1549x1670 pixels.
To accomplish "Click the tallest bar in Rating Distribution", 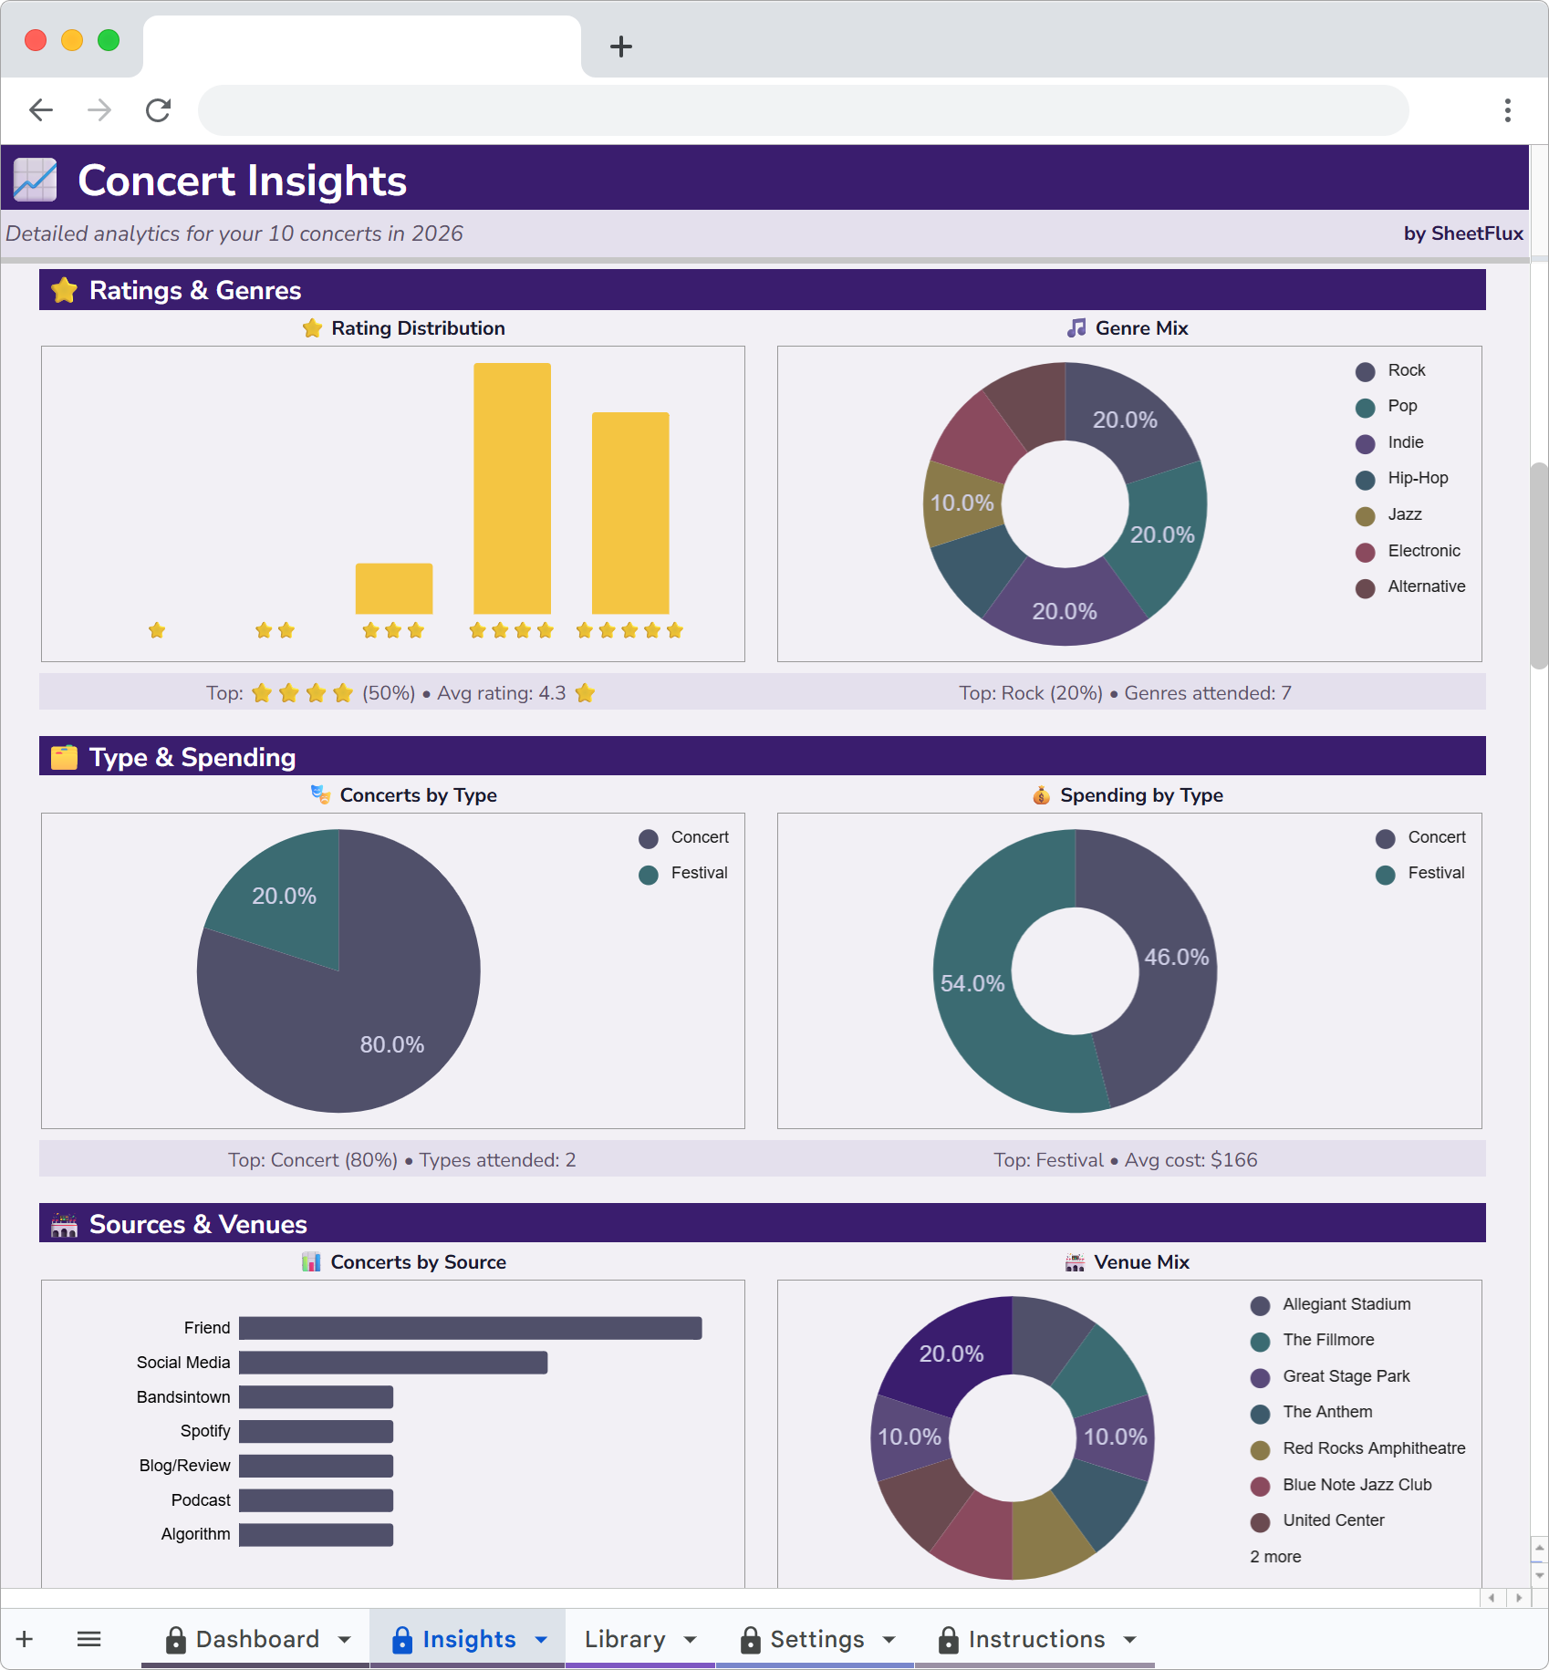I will (512, 488).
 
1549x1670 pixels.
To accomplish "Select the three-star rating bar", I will (393, 588).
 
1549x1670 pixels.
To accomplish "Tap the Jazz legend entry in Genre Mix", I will (1404, 514).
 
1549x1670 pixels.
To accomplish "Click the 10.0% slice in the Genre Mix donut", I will (962, 503).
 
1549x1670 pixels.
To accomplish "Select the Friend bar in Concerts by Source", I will (470, 1328).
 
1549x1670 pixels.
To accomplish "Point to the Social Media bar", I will (392, 1363).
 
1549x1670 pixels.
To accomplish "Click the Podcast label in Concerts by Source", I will (201, 1500).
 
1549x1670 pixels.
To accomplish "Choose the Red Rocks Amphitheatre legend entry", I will (1373, 1448).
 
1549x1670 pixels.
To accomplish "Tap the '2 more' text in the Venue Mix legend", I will (1275, 1557).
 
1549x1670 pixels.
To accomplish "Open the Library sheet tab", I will (625, 1639).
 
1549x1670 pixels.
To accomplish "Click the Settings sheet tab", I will (816, 1639).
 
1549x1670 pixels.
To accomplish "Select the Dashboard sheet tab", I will (257, 1639).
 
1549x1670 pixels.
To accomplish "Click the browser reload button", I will (159, 110).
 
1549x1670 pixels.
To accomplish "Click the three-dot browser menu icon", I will (1507, 110).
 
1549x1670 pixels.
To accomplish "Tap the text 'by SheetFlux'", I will (1462, 233).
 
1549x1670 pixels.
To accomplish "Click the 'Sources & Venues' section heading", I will (198, 1224).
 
